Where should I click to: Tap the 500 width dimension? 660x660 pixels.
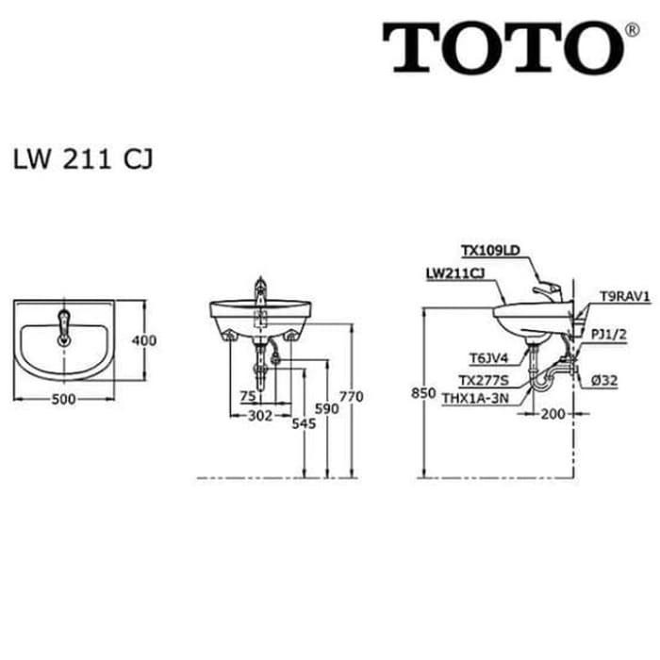point(63,399)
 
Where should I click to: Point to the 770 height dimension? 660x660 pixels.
point(351,397)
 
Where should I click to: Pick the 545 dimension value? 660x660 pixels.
point(303,424)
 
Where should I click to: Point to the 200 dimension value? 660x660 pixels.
point(553,413)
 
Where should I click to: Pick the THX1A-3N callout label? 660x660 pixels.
point(474,398)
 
